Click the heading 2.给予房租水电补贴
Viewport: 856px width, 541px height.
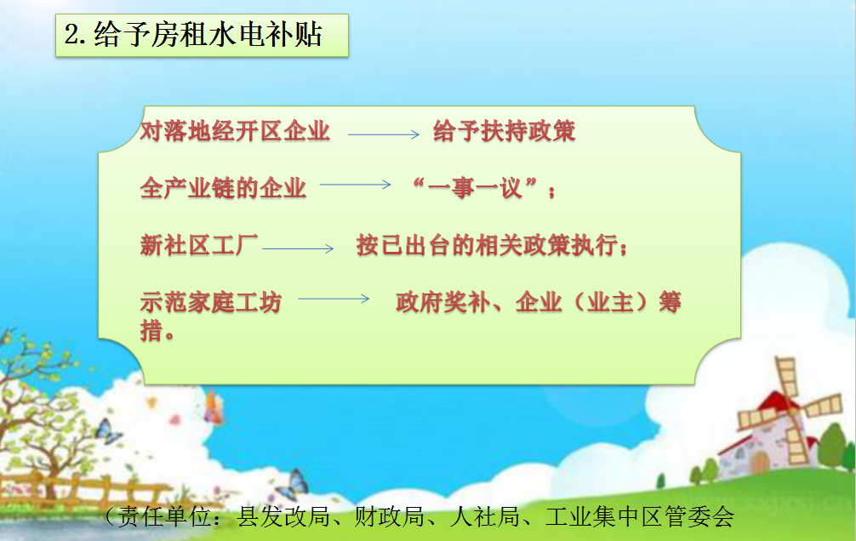click(193, 34)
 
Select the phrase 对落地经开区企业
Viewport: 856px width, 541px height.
click(236, 132)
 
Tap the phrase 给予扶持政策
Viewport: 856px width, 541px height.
click(504, 132)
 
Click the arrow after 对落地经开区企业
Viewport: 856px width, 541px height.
click(384, 134)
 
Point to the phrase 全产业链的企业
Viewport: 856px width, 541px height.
click(223, 188)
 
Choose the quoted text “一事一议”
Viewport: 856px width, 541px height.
click(476, 188)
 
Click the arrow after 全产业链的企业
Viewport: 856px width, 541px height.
click(356, 185)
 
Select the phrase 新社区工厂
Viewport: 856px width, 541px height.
click(199, 245)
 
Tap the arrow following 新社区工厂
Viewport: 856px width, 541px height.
click(298, 248)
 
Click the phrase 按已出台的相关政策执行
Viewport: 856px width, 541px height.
click(487, 245)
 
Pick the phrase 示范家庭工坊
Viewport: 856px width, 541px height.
click(211, 302)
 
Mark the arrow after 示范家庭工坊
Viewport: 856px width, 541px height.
click(334, 299)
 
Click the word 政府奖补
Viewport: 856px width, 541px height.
click(442, 302)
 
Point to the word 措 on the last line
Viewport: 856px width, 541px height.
click(151, 330)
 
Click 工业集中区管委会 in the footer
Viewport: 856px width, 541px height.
click(640, 516)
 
